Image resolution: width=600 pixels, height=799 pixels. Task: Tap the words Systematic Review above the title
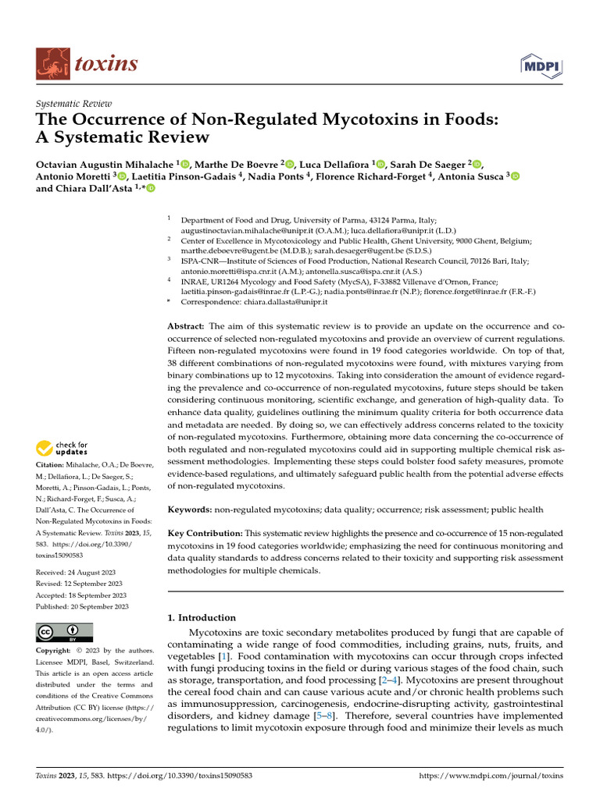(x=74, y=104)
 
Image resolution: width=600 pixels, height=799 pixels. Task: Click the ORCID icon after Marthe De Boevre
(x=290, y=164)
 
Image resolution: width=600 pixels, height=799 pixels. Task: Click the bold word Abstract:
(x=187, y=325)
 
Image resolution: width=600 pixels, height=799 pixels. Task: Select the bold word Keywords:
(x=190, y=510)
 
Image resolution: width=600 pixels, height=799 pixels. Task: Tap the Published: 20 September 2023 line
(x=83, y=606)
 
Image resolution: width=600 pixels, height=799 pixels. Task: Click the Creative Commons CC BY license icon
(x=64, y=632)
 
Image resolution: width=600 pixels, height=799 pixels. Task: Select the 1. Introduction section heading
(x=202, y=617)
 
